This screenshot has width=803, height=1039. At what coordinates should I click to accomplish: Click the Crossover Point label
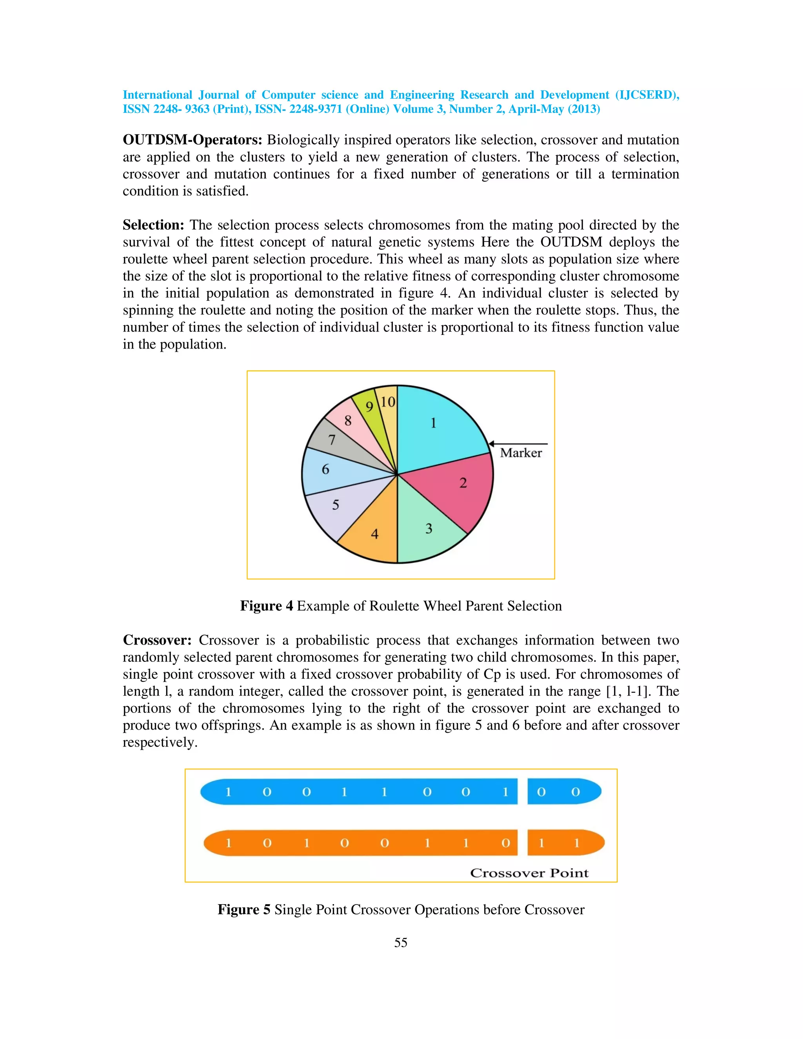pos(529,873)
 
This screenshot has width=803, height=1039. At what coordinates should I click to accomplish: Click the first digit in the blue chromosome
pos(228,792)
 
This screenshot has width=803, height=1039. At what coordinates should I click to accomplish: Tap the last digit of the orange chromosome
pos(576,843)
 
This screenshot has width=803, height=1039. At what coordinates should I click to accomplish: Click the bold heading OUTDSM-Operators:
pos(192,140)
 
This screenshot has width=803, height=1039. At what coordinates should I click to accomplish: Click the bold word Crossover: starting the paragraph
pos(157,640)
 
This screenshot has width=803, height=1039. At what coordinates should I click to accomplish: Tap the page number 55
pos(401,943)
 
